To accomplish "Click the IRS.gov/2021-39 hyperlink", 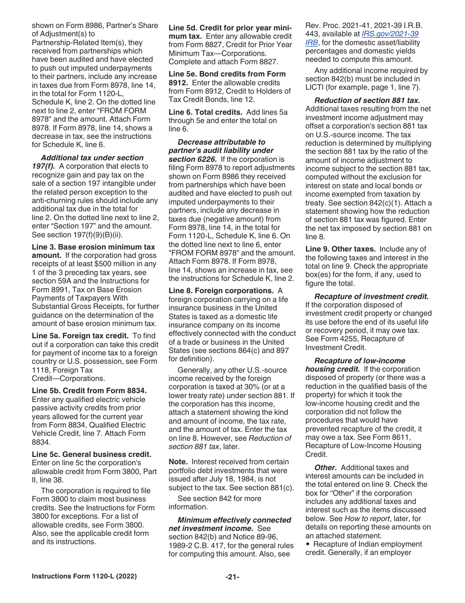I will pos(390,34).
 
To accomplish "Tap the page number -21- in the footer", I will pos(232,577).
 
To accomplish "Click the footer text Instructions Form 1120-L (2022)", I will pos(84,577).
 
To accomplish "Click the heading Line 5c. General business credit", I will pos(92,454).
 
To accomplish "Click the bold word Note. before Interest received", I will pos(178,462).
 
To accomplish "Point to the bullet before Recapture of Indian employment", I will pos(307,544).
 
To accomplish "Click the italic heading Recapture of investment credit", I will pos(372,296).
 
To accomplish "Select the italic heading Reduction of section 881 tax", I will pos(367,100).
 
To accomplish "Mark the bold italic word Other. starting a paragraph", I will pos(325,468).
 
